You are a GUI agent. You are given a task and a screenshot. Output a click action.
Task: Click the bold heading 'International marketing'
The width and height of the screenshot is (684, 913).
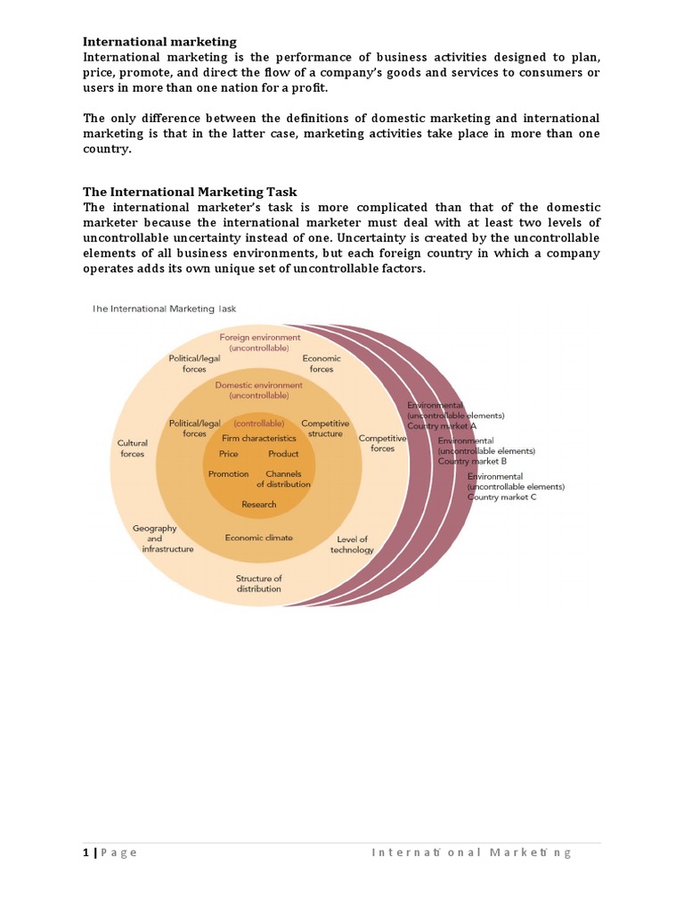tap(159, 41)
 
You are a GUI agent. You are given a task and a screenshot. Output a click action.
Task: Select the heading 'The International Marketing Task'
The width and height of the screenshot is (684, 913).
tap(190, 192)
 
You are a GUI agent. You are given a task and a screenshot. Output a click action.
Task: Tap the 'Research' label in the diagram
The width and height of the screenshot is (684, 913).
tap(258, 505)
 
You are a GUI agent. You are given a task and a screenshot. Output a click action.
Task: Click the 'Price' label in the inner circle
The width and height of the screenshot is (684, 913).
tap(228, 454)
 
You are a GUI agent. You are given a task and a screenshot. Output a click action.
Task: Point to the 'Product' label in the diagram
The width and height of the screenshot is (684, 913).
tap(283, 454)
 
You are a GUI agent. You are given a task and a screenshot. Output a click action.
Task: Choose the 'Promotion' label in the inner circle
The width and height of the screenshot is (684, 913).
tap(228, 474)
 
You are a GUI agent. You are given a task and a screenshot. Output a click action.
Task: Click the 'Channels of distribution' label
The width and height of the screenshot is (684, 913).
tap(283, 479)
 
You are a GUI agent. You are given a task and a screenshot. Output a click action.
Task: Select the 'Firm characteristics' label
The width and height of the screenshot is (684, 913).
tap(259, 439)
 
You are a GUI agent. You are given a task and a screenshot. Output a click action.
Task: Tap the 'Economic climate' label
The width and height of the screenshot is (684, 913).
tap(258, 538)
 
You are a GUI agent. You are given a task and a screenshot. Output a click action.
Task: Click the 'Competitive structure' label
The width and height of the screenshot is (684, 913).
tap(325, 428)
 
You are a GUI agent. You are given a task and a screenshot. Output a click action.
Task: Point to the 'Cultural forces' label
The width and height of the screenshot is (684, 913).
tap(132, 448)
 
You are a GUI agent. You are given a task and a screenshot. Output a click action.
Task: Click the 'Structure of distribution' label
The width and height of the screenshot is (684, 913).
tap(258, 584)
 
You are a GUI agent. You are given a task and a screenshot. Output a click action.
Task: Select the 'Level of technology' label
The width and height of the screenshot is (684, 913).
tap(352, 545)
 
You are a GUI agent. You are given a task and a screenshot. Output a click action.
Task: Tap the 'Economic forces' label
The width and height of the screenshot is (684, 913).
tap(322, 364)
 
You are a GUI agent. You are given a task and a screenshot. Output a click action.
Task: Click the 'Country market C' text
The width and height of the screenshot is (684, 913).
tap(501, 497)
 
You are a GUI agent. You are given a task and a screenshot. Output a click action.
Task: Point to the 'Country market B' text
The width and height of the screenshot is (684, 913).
tap(472, 462)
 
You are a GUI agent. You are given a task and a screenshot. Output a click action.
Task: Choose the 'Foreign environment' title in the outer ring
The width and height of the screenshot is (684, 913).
tap(259, 338)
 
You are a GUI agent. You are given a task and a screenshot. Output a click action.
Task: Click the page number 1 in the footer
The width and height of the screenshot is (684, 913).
tap(85, 852)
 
